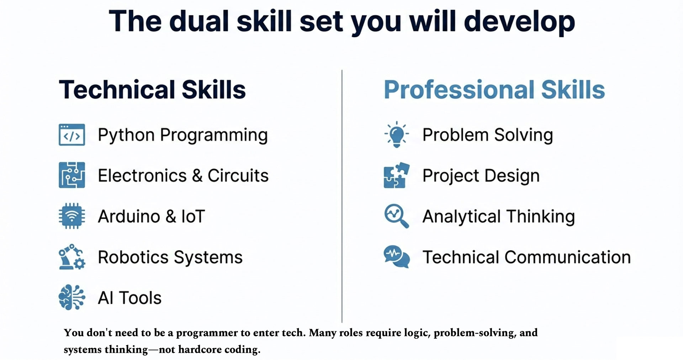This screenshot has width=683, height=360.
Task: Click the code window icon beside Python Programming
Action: (x=72, y=134)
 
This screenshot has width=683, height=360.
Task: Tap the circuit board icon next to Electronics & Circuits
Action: (x=72, y=175)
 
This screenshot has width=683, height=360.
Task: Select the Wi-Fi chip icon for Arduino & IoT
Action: (x=72, y=216)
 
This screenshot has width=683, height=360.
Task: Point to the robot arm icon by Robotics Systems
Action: (x=72, y=256)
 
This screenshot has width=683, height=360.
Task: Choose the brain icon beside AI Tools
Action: (x=72, y=297)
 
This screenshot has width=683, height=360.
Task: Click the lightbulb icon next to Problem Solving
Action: (x=397, y=134)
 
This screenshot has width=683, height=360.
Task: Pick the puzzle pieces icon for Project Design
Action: (x=397, y=175)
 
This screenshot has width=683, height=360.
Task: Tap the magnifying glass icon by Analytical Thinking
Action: (x=397, y=216)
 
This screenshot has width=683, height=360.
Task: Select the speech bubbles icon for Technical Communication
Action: (x=397, y=256)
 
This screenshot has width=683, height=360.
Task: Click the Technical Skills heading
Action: (x=152, y=89)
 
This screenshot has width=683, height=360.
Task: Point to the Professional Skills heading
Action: (x=494, y=89)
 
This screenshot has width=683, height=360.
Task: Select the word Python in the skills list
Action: (x=126, y=136)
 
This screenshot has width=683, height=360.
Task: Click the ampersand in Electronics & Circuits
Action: (x=197, y=175)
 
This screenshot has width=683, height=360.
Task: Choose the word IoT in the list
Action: (x=193, y=216)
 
